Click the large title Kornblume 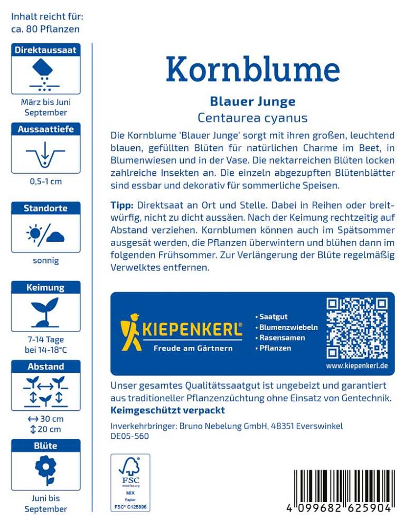tap(252, 69)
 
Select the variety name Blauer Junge tap(252, 101)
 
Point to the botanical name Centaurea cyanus tap(252, 118)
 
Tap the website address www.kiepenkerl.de tap(356, 365)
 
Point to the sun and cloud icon tap(45, 233)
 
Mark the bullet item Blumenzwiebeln tap(288, 327)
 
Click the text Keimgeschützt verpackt tap(167, 410)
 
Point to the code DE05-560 tap(129, 436)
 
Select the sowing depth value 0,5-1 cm tap(45, 182)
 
